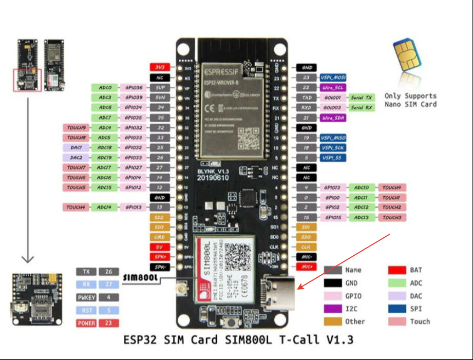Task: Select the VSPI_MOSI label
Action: (332, 78)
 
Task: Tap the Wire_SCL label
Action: (332, 88)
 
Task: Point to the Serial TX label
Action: (362, 98)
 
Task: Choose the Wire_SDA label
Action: (332, 118)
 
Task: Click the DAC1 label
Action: (77, 147)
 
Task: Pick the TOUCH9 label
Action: (77, 127)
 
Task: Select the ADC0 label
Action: (105, 88)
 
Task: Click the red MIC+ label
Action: (307, 267)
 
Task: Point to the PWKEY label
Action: (87, 297)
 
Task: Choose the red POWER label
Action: (87, 324)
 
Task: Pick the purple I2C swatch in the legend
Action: (333, 308)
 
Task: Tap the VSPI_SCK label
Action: (332, 147)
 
